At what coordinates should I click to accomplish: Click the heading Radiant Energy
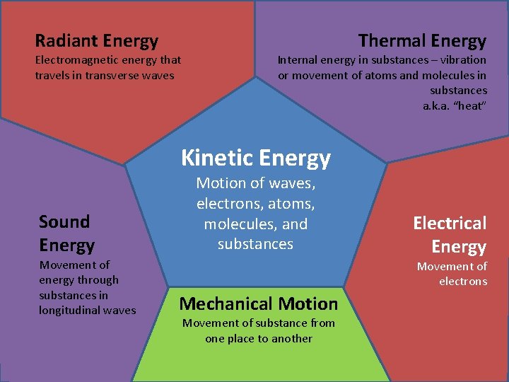pos(97,41)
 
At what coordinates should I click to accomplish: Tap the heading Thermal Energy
pos(422,41)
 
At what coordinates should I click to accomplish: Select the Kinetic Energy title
pos(256,157)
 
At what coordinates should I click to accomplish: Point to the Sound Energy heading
pos(66,233)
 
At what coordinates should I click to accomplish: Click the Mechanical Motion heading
pos(259,304)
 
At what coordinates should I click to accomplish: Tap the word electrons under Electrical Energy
pos(463,282)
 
